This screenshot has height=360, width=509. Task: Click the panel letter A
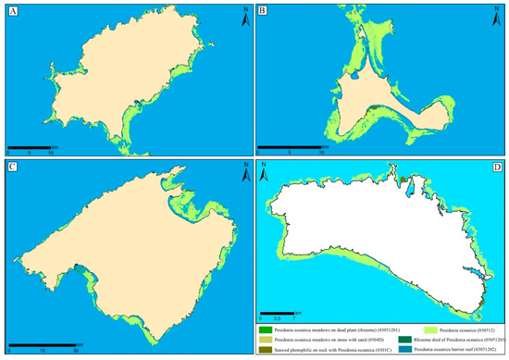12,12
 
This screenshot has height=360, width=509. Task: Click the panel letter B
263,12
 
